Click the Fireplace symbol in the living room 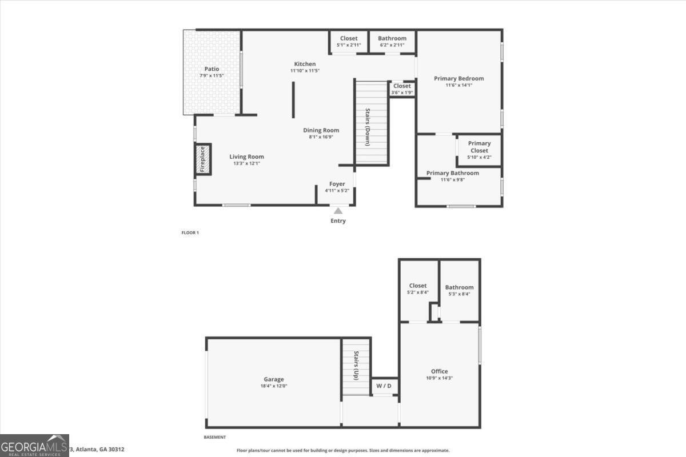tap(201, 159)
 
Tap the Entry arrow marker tap(338, 211)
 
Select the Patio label tap(212, 69)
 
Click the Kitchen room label tap(305, 64)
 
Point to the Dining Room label tap(321, 130)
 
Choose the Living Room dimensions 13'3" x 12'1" tap(246, 163)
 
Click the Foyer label tap(337, 184)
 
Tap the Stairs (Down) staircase tap(372, 123)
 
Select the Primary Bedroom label tap(458, 79)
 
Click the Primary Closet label tap(479, 147)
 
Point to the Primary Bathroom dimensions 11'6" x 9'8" tap(452, 180)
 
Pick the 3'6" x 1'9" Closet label tap(402, 93)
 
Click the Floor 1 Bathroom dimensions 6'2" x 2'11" tap(392, 45)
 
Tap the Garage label tap(273, 379)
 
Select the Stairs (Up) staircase tap(356, 367)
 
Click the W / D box tap(384, 386)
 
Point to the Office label tap(439, 371)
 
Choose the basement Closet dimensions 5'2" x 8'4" tap(417, 292)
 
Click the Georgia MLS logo tap(34, 445)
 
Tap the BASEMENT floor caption tap(215, 438)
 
